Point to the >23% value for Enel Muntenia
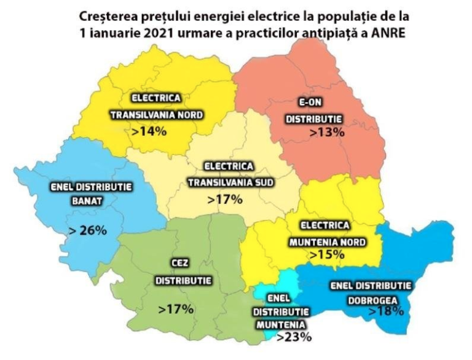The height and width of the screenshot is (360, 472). [294, 337]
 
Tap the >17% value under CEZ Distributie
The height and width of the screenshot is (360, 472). [176, 309]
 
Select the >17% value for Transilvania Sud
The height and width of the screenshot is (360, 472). [225, 199]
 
